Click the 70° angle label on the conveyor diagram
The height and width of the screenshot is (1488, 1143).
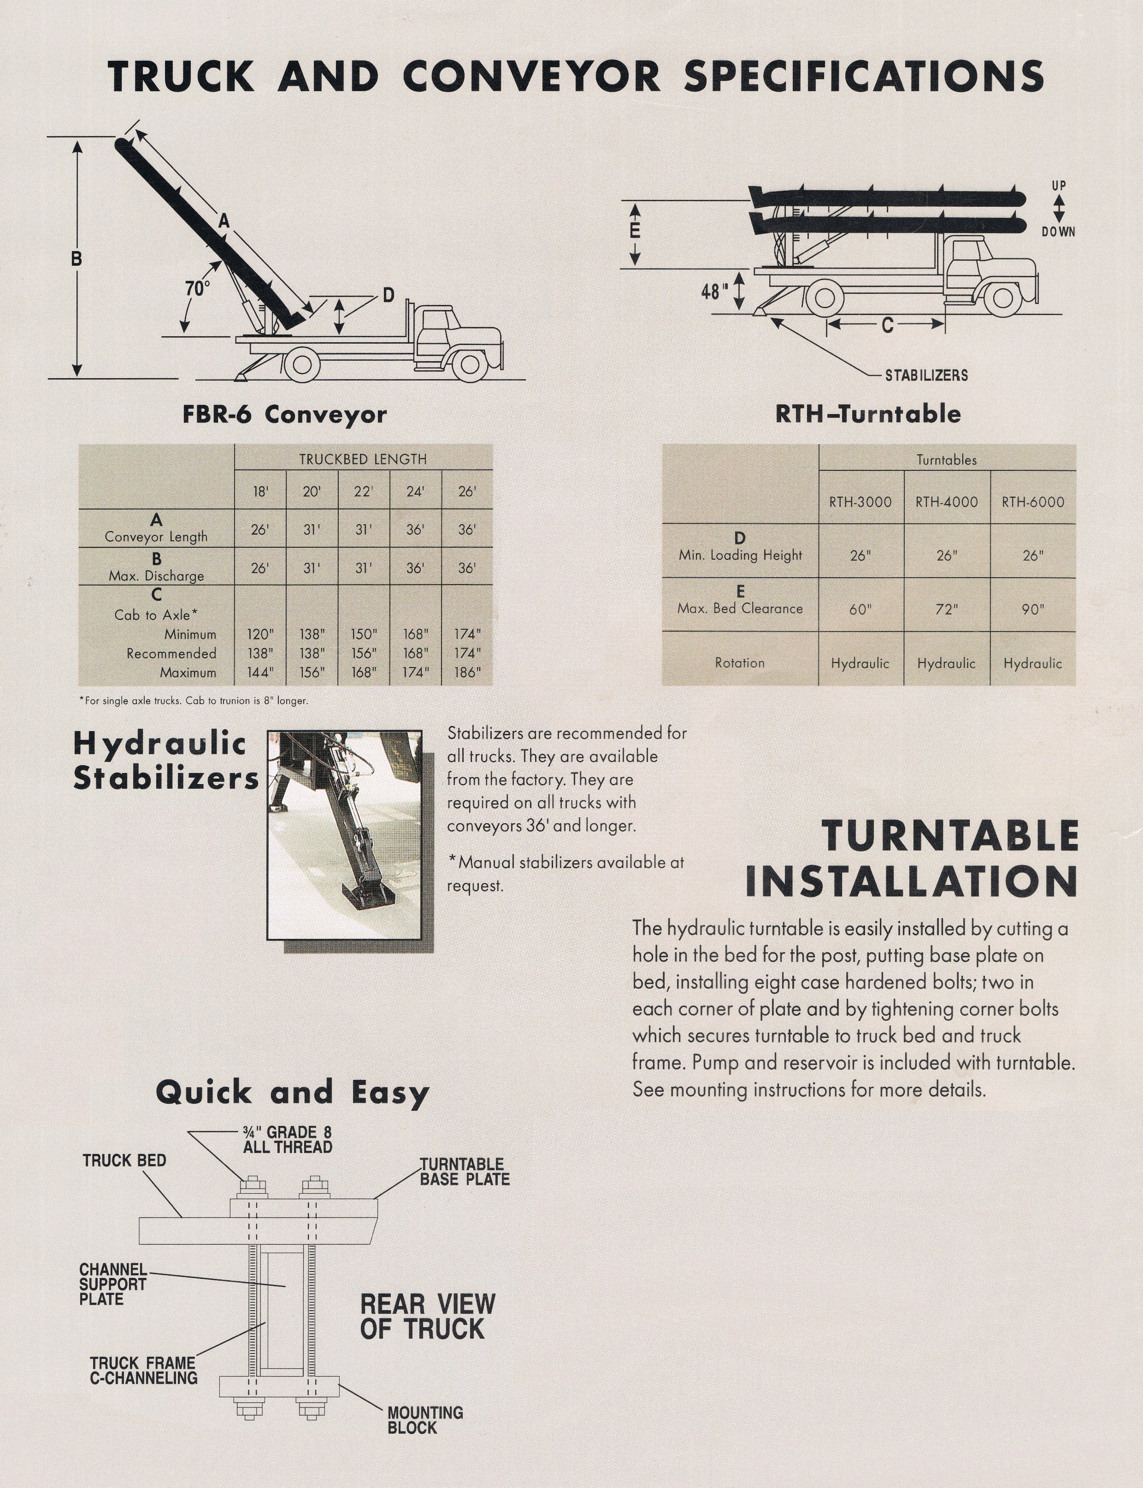[x=197, y=288]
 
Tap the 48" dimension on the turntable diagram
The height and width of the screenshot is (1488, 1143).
[x=715, y=291]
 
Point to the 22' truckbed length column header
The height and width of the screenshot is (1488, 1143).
[x=363, y=491]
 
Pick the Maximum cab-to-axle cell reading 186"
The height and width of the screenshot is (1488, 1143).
[x=467, y=672]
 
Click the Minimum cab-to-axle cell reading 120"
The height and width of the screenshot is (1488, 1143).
[x=260, y=634]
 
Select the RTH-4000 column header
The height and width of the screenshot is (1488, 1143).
[x=946, y=502]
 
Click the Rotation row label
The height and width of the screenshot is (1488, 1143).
[x=740, y=662]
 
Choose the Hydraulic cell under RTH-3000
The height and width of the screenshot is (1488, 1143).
[x=860, y=663]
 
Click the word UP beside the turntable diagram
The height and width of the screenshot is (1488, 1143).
[x=1059, y=185]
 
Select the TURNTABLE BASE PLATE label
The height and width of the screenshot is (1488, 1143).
[x=464, y=1172]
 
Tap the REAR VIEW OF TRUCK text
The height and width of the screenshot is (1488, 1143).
[x=427, y=1317]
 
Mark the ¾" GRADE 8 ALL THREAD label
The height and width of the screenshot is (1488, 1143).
[x=287, y=1139]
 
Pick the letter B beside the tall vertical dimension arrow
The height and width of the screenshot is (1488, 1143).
[x=77, y=258]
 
